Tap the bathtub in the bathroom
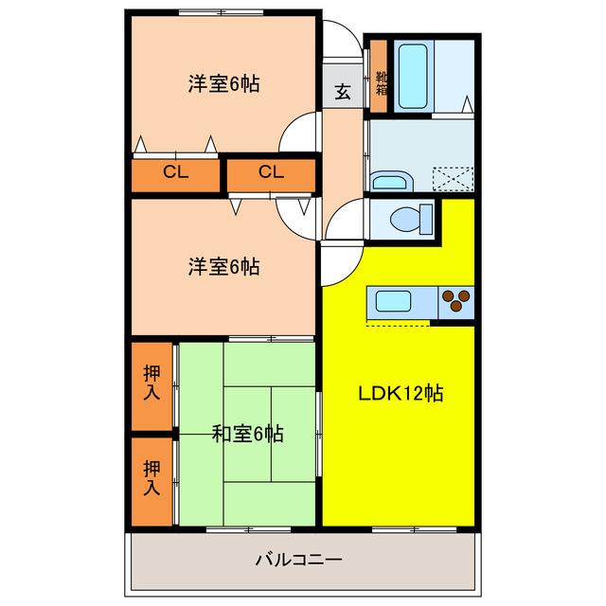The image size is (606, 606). coord(412,75)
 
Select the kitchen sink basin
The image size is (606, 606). coord(394,303)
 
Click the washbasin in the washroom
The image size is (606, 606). coord(387,181)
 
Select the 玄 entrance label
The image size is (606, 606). coord(341,94)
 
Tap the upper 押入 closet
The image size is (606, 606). coord(151,383)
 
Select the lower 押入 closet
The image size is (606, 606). coord(151,478)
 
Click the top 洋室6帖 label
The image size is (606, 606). coord(223,83)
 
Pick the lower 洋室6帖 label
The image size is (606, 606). coord(223,266)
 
